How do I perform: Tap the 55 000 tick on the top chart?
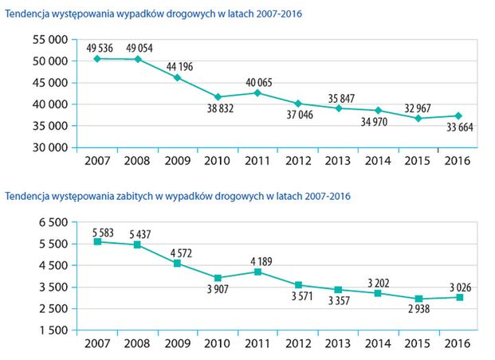tap(49, 40)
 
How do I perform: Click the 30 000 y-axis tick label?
tap(49, 147)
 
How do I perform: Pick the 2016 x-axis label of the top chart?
tap(457, 160)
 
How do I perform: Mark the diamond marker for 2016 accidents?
tap(457, 115)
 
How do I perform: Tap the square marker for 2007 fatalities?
tap(97, 241)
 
